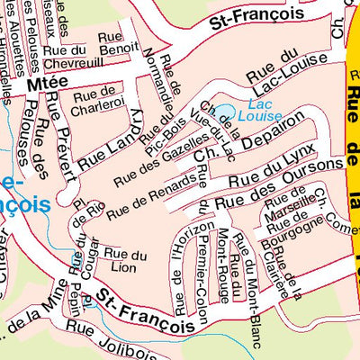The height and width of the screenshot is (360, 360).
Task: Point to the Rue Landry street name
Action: tap(111, 141)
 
